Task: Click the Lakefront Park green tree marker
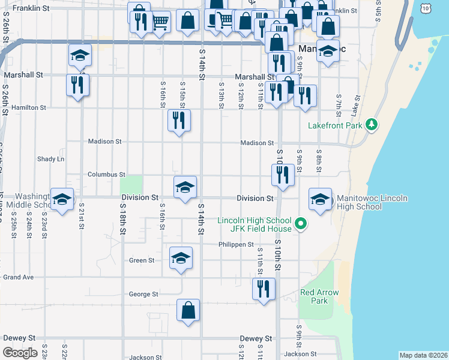click(x=372, y=124)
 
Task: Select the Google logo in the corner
click(x=20, y=352)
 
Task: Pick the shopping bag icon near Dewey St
click(x=188, y=310)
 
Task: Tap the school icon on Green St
click(x=181, y=257)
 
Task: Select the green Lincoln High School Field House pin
click(x=303, y=225)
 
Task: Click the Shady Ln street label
click(x=50, y=159)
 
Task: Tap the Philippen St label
click(x=236, y=245)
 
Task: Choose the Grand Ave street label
click(x=18, y=277)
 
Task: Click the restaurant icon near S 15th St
click(x=179, y=120)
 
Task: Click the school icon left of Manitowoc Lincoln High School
click(x=319, y=199)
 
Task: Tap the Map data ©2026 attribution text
click(x=424, y=355)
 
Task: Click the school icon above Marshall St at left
click(x=79, y=55)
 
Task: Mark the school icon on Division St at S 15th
click(x=185, y=187)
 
